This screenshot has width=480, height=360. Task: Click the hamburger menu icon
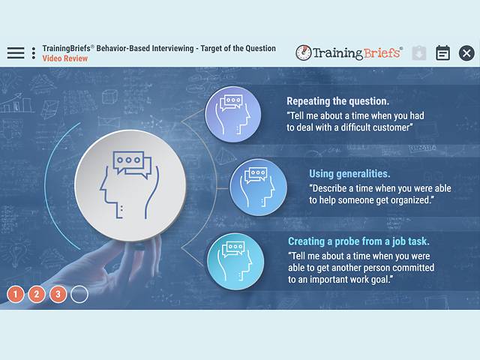tap(16, 52)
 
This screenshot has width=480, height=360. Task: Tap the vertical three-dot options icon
tap(34, 53)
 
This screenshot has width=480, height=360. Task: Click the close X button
tap(466, 52)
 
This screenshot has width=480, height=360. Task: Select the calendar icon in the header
tap(443, 52)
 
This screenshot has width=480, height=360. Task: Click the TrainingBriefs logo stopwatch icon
tap(304, 52)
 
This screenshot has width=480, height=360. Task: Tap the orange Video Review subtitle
tap(65, 58)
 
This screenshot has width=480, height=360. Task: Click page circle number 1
tap(16, 294)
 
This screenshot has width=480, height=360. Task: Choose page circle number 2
tap(37, 294)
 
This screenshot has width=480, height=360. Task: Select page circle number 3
tap(58, 294)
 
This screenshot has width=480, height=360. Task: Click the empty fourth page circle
tap(79, 294)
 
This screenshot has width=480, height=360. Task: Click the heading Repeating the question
tap(337, 100)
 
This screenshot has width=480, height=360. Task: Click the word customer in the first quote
tap(389, 127)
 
